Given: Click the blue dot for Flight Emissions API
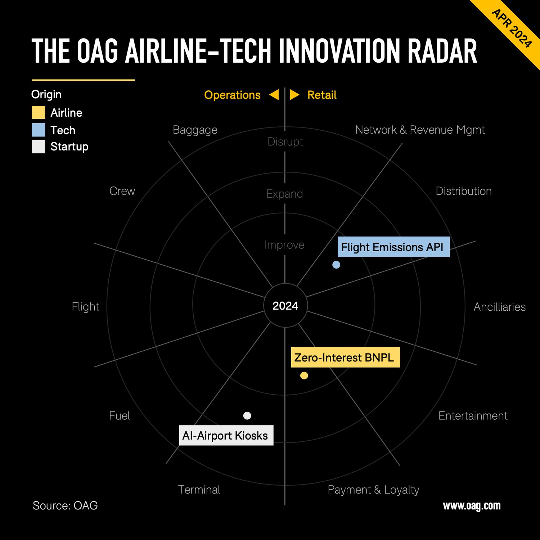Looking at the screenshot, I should pyautogui.click(x=336, y=265).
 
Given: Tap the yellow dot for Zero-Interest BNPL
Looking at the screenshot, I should pyautogui.click(x=304, y=376).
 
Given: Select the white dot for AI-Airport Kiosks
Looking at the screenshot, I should pyautogui.click(x=247, y=416).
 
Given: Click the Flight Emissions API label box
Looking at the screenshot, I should pyautogui.click(x=393, y=247).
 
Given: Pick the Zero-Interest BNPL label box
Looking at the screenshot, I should pyautogui.click(x=345, y=357).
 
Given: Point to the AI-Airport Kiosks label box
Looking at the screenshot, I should pyautogui.click(x=226, y=436).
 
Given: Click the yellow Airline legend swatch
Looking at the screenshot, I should pyautogui.click(x=39, y=113).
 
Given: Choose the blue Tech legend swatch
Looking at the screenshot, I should pyautogui.click(x=39, y=130).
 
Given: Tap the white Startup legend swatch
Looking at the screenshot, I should pyautogui.click(x=39, y=147).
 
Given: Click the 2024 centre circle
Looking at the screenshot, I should pyautogui.click(x=285, y=306).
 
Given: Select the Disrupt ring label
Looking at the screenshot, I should pyautogui.click(x=285, y=142).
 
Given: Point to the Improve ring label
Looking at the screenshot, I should pyautogui.click(x=284, y=245).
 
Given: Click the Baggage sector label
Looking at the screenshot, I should pyautogui.click(x=195, y=130).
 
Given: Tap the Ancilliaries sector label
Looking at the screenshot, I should pyautogui.click(x=500, y=307).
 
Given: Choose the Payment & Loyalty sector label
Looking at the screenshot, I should pyautogui.click(x=373, y=490).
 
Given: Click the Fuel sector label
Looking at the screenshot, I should pyautogui.click(x=120, y=416).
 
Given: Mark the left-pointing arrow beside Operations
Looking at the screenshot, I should pyautogui.click(x=274, y=95).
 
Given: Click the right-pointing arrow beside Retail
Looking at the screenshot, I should pyautogui.click(x=294, y=95).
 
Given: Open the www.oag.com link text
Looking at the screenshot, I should pyautogui.click(x=472, y=506).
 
